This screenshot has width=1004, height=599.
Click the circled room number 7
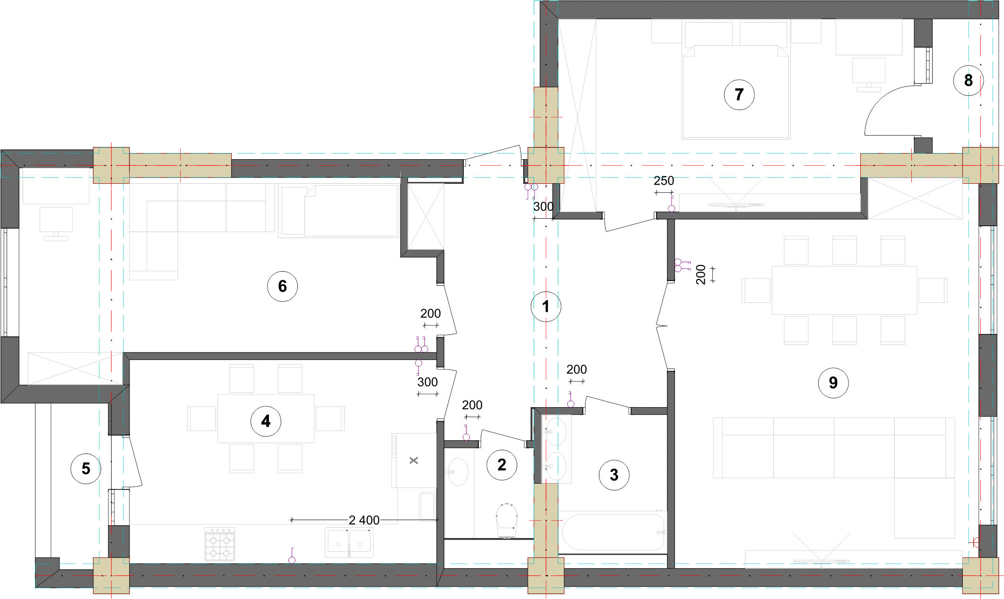(x=739, y=94)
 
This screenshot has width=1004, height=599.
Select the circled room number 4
(x=266, y=421)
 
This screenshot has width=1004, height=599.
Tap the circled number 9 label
(x=833, y=383)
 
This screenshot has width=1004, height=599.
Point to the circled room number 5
(x=86, y=469)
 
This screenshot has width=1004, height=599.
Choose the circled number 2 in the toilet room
(x=502, y=465)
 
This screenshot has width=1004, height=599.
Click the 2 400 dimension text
(x=364, y=520)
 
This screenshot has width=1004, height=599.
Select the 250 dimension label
(x=664, y=181)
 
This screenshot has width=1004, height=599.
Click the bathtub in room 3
(x=613, y=532)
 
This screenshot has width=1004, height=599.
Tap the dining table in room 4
(x=266, y=419)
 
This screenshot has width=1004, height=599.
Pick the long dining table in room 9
(x=844, y=290)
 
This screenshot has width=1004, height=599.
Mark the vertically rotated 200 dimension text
(x=701, y=274)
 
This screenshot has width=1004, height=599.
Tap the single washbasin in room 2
(x=458, y=471)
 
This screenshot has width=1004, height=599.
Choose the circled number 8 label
(x=968, y=80)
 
